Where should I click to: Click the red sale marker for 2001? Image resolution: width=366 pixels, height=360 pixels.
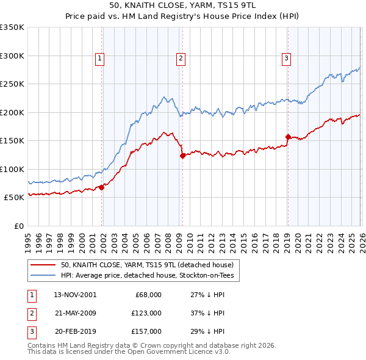[102, 187]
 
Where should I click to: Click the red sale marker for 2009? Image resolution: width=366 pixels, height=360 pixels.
[182, 156]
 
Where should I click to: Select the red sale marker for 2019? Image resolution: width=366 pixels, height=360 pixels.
[287, 137]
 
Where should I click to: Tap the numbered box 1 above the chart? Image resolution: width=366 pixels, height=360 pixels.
[99, 59]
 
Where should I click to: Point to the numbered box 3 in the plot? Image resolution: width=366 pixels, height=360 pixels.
[286, 59]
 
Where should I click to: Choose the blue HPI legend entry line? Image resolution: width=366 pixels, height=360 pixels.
[43, 276]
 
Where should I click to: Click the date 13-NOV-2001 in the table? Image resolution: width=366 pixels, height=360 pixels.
[75, 294]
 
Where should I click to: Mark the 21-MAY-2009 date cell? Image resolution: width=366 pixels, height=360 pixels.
[75, 312]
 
